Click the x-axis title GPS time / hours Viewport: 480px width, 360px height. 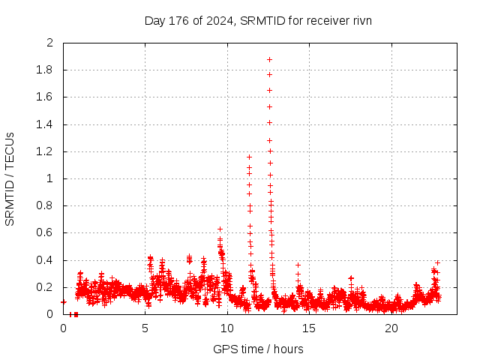point(258,349)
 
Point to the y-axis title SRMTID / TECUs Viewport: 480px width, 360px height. point(10,178)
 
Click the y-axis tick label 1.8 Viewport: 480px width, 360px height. point(47,70)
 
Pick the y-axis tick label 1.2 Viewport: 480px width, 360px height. point(47,151)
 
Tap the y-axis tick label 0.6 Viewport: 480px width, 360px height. point(47,233)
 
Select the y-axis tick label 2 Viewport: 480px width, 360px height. point(50,43)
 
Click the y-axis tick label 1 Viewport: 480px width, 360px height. point(50,178)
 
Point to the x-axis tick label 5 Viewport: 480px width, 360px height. point(145,328)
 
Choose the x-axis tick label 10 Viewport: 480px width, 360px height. point(227,328)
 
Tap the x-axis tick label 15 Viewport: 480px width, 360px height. point(310,328)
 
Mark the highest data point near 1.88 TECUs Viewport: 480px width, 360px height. point(269,59)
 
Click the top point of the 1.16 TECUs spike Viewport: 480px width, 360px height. point(249,157)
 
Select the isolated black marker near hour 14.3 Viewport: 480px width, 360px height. point(298,265)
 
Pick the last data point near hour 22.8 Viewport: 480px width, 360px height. point(437,262)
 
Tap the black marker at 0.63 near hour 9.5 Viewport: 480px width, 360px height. point(220,229)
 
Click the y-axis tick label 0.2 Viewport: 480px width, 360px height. point(47,287)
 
